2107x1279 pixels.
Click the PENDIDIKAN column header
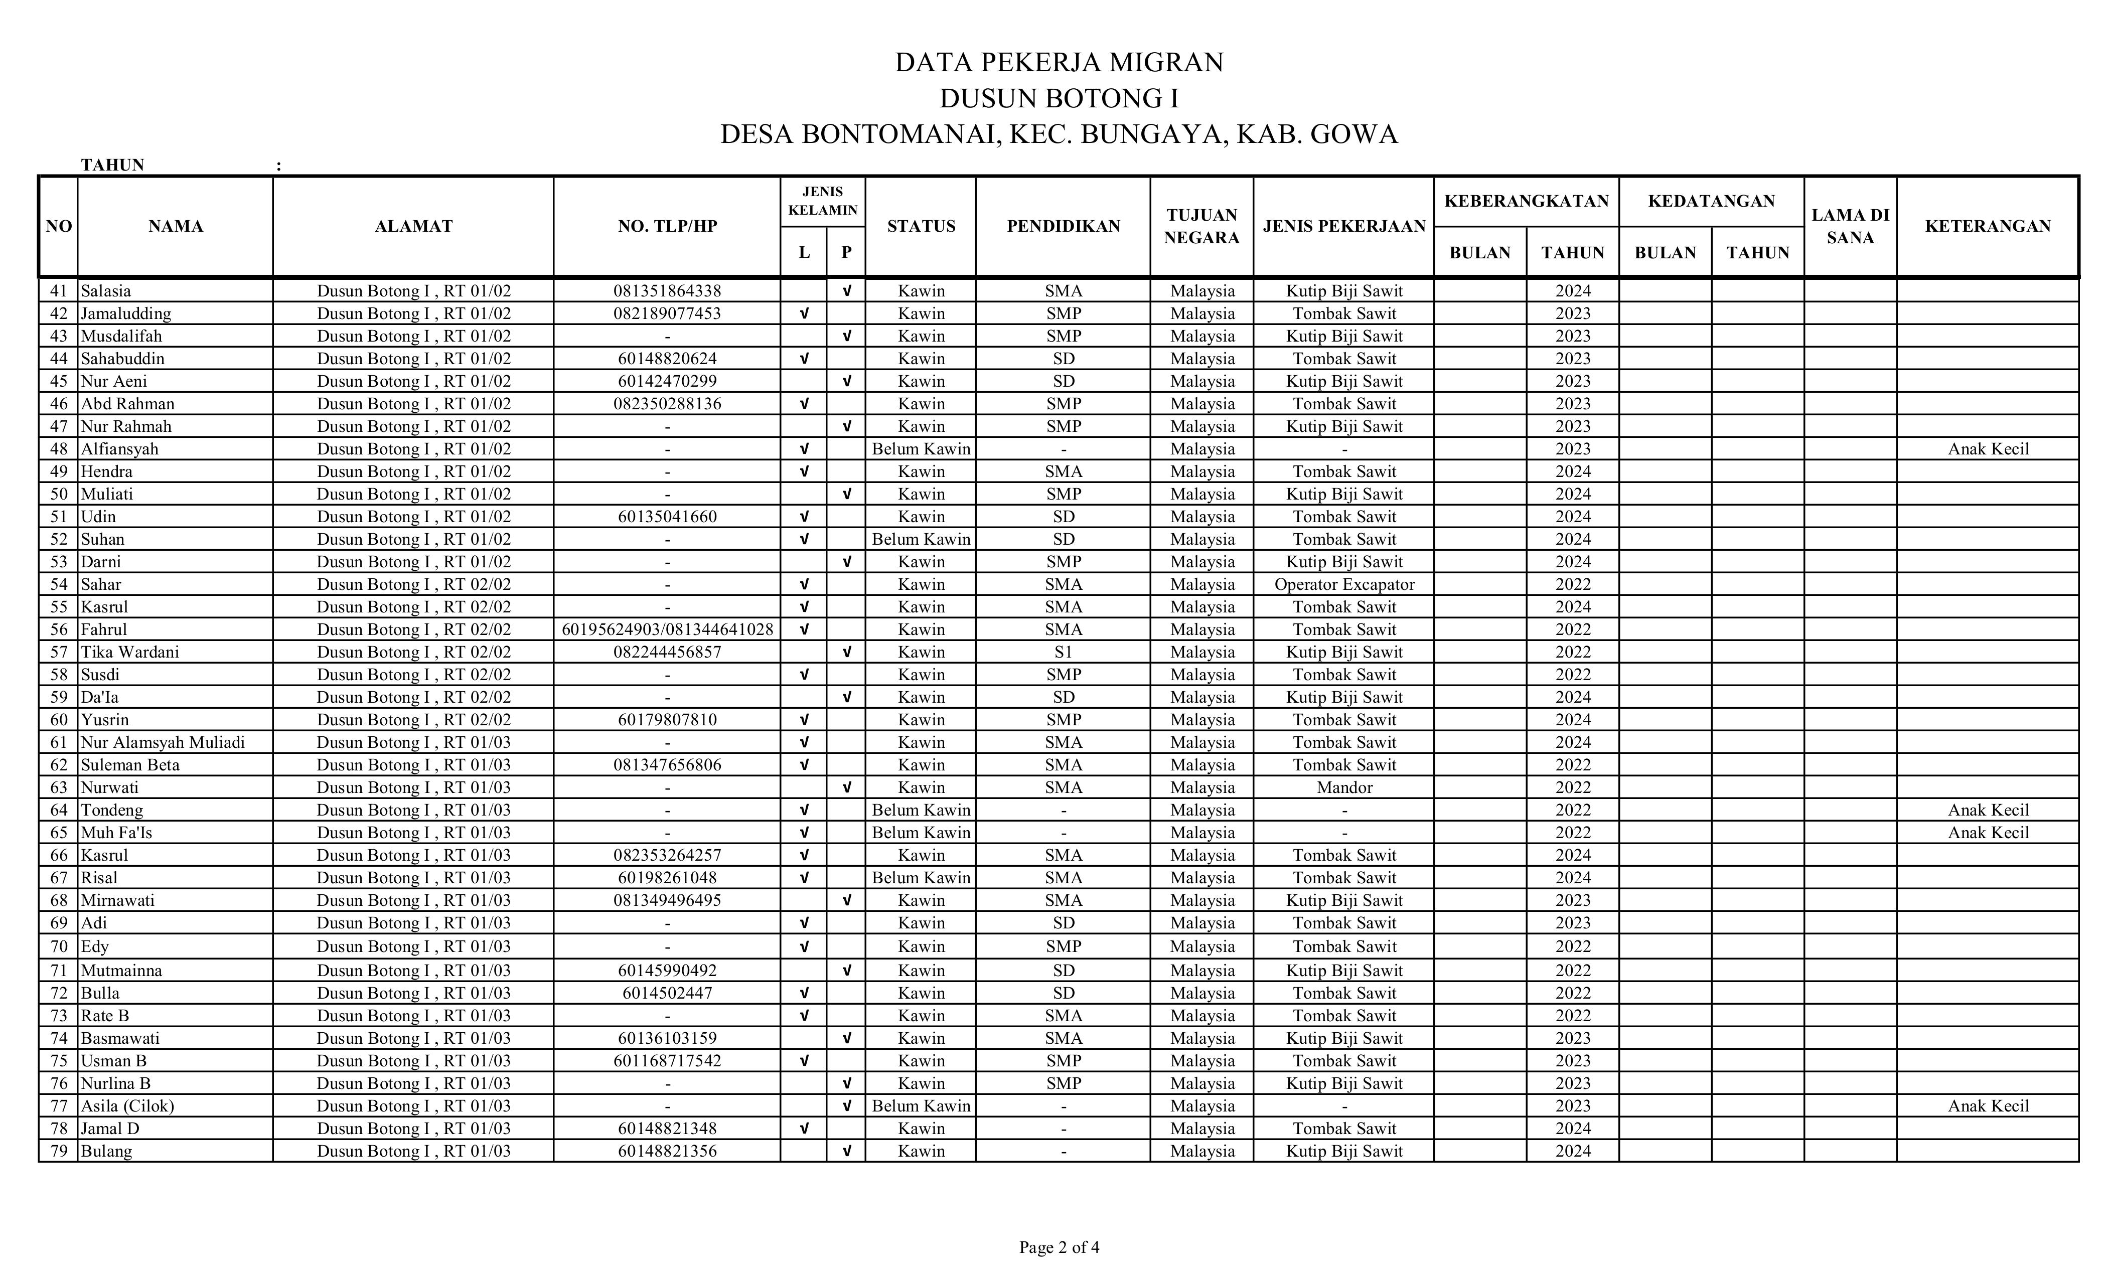pos(1063,226)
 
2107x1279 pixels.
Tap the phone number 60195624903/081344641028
pos(667,630)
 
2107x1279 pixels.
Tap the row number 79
pos(58,1151)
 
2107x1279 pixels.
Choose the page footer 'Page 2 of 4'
pos(1059,1247)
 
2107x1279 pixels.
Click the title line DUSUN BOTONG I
pos(1059,98)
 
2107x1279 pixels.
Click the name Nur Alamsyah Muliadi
pos(163,742)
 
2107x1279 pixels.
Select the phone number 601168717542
pos(667,1061)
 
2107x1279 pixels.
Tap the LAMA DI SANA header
pos(1850,226)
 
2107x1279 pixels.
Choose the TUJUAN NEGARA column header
pos(1201,226)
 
